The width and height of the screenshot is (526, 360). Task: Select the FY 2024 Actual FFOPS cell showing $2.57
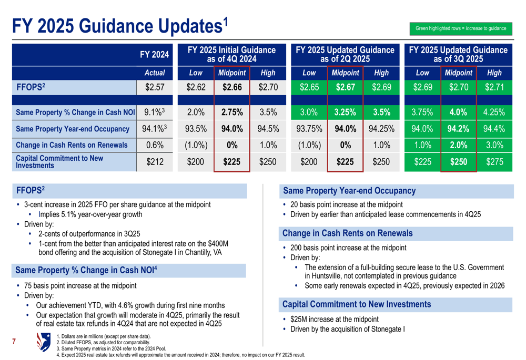(155, 88)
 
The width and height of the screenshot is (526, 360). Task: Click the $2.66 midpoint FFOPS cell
(231, 88)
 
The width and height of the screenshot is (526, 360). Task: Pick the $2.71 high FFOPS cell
(494, 88)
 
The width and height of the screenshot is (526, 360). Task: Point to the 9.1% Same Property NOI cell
(155, 112)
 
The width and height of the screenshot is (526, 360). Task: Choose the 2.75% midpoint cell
(231, 112)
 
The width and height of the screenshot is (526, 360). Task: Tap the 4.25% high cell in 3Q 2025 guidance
(494, 112)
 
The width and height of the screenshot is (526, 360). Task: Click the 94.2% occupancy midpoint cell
(458, 129)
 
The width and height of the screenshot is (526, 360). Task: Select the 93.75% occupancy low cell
(309, 129)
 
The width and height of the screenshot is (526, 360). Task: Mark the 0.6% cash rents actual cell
(155, 145)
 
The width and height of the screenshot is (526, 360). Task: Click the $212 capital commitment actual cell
(155, 162)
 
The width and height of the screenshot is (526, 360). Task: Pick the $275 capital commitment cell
(494, 162)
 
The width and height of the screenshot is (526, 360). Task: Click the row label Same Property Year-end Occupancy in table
(73, 129)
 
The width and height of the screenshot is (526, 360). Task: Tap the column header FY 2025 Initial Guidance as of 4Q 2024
(231, 54)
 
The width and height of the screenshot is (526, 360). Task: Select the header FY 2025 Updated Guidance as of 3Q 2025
(458, 54)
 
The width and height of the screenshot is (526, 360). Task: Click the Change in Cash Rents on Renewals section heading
(348, 233)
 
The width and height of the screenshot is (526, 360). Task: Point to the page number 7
(14, 343)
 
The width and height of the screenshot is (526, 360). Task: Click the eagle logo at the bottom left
(44, 342)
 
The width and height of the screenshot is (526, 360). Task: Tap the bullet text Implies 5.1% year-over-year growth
(90, 214)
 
